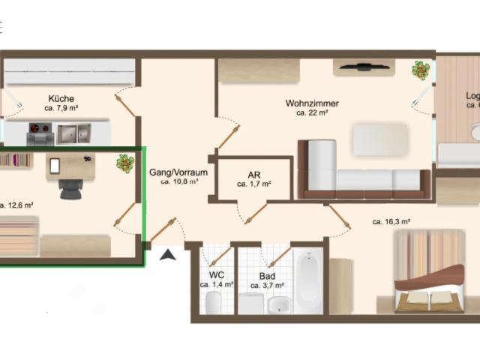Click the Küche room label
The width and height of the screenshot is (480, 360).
point(61,98)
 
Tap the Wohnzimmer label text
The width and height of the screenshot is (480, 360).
point(312,103)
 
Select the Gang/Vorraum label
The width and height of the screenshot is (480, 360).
point(178,172)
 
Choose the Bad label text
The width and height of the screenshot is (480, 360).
point(267,275)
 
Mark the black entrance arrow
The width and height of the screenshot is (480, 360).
point(169,255)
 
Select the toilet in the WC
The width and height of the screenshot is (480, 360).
point(213,302)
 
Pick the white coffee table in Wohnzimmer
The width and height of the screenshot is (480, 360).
point(380,139)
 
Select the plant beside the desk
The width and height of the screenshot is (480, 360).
point(124,163)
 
